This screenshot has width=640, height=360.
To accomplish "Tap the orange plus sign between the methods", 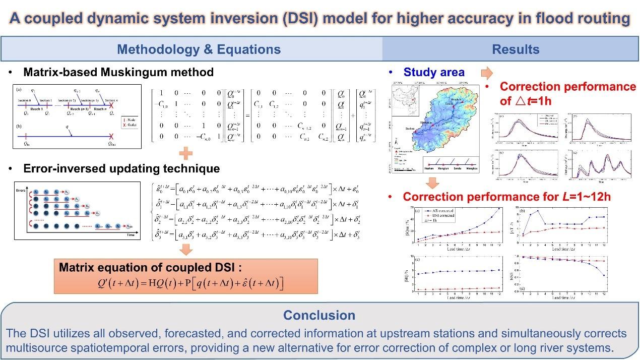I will pyautogui.click(x=187, y=153).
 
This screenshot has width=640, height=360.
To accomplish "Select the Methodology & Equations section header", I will pyautogui.click(x=199, y=49).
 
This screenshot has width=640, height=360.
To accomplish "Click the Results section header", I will pyautogui.click(x=516, y=49).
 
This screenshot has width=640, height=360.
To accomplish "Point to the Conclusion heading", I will pyautogui.click(x=319, y=315).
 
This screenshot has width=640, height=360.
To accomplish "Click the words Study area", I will pyautogui.click(x=434, y=73).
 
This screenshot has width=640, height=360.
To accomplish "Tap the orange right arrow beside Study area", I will pyautogui.click(x=486, y=73).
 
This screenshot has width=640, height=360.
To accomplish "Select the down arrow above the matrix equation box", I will pyautogui.click(x=186, y=249).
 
